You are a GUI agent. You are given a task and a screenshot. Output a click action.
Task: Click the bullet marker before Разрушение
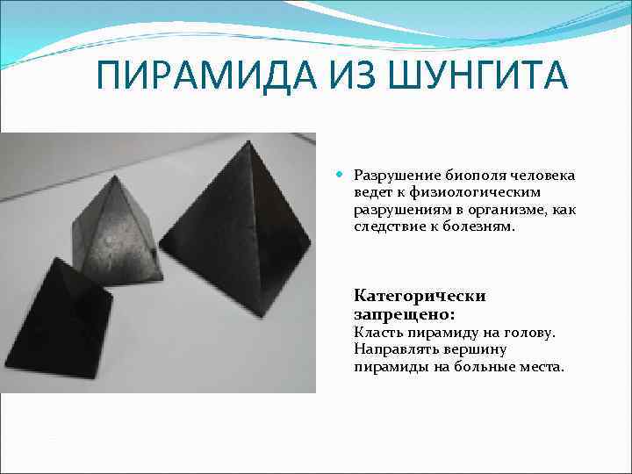(x=341, y=175)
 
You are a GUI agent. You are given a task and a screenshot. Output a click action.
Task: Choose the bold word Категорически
(x=420, y=296)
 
